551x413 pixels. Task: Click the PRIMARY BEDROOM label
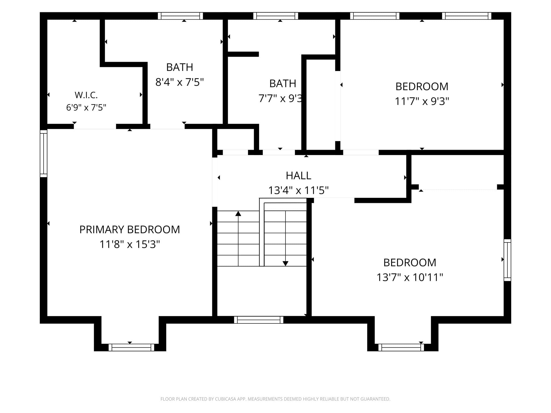point(130,230)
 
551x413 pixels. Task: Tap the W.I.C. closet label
point(86,95)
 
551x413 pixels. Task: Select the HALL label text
point(298,176)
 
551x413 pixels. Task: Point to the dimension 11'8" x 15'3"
point(130,244)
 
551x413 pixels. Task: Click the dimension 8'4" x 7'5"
point(179,82)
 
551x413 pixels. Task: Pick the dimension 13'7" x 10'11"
point(410,277)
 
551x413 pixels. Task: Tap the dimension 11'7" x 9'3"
point(422,101)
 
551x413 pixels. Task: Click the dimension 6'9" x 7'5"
point(86,108)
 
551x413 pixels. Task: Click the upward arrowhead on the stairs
point(238,213)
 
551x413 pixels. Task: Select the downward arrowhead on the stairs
point(285,264)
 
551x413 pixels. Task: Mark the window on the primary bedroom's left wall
point(44,153)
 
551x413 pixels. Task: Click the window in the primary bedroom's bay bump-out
point(131,347)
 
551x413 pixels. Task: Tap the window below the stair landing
point(259,320)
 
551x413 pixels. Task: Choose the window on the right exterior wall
point(507,260)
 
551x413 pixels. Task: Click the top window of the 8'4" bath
point(180,16)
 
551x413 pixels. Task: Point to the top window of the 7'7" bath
point(276,16)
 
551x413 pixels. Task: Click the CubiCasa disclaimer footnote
point(275,399)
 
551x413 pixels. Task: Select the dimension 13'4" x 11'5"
point(298,190)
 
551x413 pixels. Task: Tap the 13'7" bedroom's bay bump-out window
point(401,347)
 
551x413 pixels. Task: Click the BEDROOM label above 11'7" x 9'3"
point(422,87)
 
